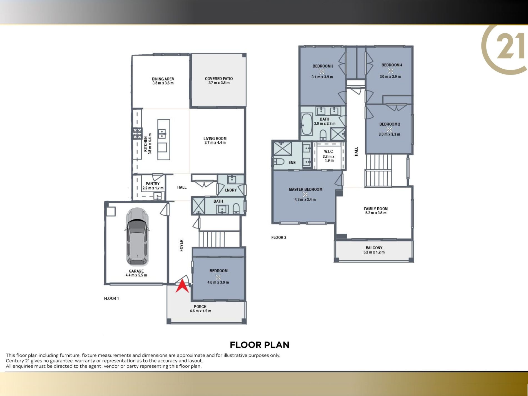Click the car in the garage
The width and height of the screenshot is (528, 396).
[x=137, y=237]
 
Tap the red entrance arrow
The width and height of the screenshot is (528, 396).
[x=182, y=286]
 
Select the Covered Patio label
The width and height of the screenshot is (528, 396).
[x=219, y=79]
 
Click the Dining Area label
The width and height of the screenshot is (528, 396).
[x=163, y=79]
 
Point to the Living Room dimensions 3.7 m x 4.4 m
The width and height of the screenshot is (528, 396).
[x=215, y=143]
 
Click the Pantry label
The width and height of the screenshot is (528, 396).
[x=153, y=184]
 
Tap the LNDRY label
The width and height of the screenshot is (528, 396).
[x=231, y=190]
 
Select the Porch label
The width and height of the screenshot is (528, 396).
[x=200, y=307]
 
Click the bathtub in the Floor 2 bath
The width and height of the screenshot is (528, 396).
[x=307, y=124]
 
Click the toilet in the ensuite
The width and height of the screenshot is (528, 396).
[x=278, y=161]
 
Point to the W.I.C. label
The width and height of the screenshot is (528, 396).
[x=328, y=151]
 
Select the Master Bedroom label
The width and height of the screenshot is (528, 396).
[x=305, y=190]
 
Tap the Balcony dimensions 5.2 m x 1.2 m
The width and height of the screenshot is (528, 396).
[x=374, y=252]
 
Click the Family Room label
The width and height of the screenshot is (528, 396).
[x=376, y=209]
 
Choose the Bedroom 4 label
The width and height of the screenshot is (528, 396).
[x=392, y=65]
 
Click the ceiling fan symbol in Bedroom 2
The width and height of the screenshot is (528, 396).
[x=389, y=129]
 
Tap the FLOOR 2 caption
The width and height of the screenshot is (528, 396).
[x=279, y=237]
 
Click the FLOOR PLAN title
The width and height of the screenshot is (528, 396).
[x=260, y=345]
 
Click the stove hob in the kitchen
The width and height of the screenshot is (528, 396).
[x=137, y=133]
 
